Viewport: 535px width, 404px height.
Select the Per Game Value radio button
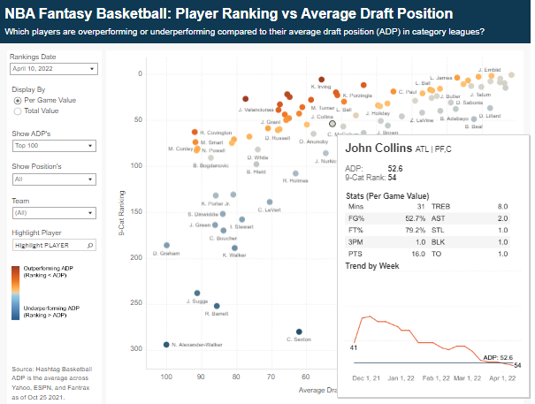tap(17, 101)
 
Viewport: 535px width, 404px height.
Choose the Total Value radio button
tap(17, 111)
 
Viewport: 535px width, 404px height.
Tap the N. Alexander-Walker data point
tap(166, 345)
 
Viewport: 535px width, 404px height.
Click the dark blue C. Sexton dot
tap(299, 332)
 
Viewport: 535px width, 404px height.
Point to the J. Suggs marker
tap(197, 293)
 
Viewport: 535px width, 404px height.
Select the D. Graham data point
tap(166, 245)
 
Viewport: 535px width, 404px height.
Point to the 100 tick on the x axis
tap(166, 377)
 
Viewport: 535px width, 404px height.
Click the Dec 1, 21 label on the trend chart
tap(364, 377)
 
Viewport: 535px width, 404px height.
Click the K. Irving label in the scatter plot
tap(321, 87)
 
